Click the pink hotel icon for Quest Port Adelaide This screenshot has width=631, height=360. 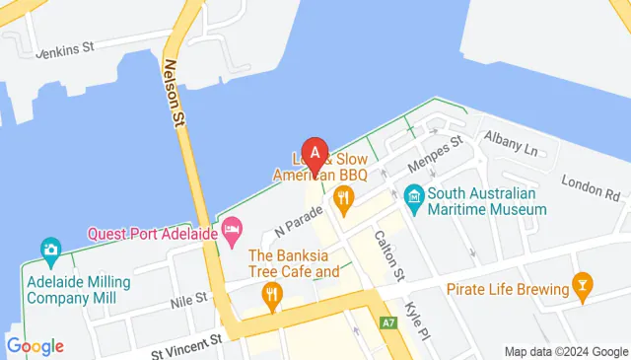tap(232, 233)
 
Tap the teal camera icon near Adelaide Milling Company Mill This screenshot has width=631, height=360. tap(49, 250)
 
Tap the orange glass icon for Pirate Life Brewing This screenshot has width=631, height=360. tap(583, 288)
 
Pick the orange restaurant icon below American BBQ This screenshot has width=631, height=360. tap(343, 201)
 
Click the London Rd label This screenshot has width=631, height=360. tap(590, 184)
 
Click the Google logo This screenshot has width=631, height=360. tap(35, 346)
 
